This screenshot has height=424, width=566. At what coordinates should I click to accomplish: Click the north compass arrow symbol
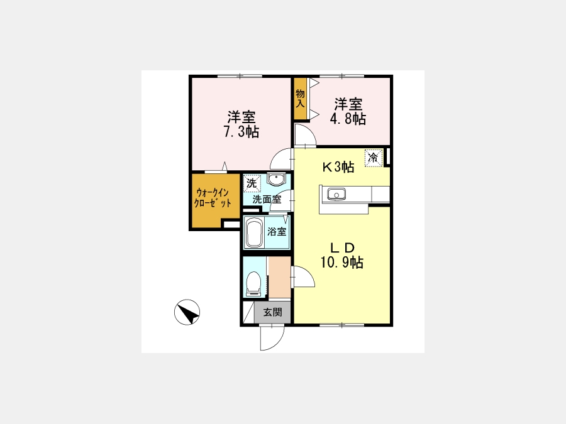click(x=187, y=312)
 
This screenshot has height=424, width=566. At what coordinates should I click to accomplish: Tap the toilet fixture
click(x=253, y=283)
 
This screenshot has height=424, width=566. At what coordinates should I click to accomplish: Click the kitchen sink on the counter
click(x=336, y=195)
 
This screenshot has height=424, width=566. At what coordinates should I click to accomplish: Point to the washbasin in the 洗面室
click(x=276, y=179)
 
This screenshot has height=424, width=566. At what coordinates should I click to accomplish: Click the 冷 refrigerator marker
click(x=373, y=158)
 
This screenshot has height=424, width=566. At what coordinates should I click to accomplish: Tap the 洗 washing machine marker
click(x=252, y=183)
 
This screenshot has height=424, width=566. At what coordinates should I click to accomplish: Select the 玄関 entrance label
click(x=272, y=312)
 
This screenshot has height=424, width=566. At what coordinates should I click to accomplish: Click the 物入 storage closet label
click(x=301, y=99)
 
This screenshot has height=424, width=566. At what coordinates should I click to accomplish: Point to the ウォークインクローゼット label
click(x=213, y=198)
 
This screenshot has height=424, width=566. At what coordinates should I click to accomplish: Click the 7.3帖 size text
click(x=241, y=132)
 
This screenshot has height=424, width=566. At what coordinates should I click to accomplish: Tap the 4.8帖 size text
click(x=348, y=119)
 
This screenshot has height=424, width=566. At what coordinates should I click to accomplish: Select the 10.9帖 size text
click(x=342, y=263)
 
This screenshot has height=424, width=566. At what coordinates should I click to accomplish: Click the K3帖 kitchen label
click(x=338, y=167)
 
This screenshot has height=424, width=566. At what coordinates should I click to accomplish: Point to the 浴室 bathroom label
click(x=277, y=231)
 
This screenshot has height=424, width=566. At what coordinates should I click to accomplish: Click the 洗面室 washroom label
click(x=267, y=199)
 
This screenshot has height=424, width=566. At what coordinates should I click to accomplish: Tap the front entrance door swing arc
click(x=277, y=343)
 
